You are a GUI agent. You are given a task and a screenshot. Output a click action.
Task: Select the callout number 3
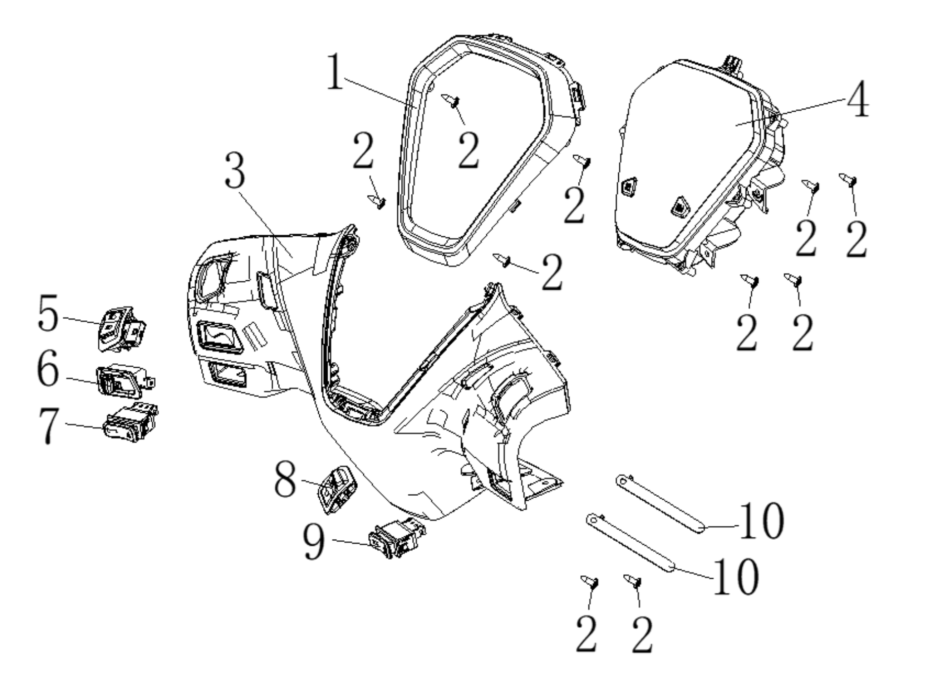click(235, 170)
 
